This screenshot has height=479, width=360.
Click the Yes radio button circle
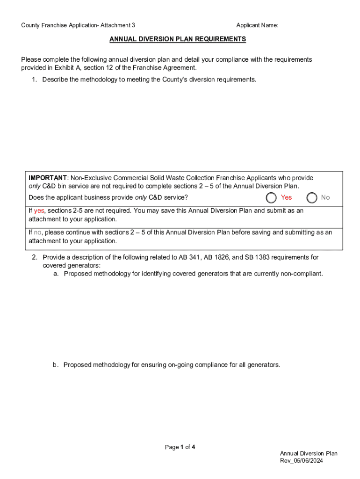tap(271, 197)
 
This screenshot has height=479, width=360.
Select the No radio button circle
tap(312, 197)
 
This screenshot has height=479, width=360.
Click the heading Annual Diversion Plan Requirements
tap(178, 39)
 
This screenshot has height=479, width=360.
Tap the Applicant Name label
tap(257, 25)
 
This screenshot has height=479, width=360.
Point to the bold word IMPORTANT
tap(48, 178)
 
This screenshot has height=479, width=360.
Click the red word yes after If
tap(39, 210)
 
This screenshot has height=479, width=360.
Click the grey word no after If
tap(38, 232)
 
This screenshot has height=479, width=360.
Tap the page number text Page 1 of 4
tap(180, 447)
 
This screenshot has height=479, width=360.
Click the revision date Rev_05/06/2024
tap(302, 461)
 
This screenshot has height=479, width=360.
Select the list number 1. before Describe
tap(34, 80)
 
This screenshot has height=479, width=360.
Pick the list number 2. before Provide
tap(34, 257)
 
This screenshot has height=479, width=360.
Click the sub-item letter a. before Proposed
tap(56, 274)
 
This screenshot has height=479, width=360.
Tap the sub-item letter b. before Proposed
tap(56, 365)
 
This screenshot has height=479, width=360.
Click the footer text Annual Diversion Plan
tap(309, 453)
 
